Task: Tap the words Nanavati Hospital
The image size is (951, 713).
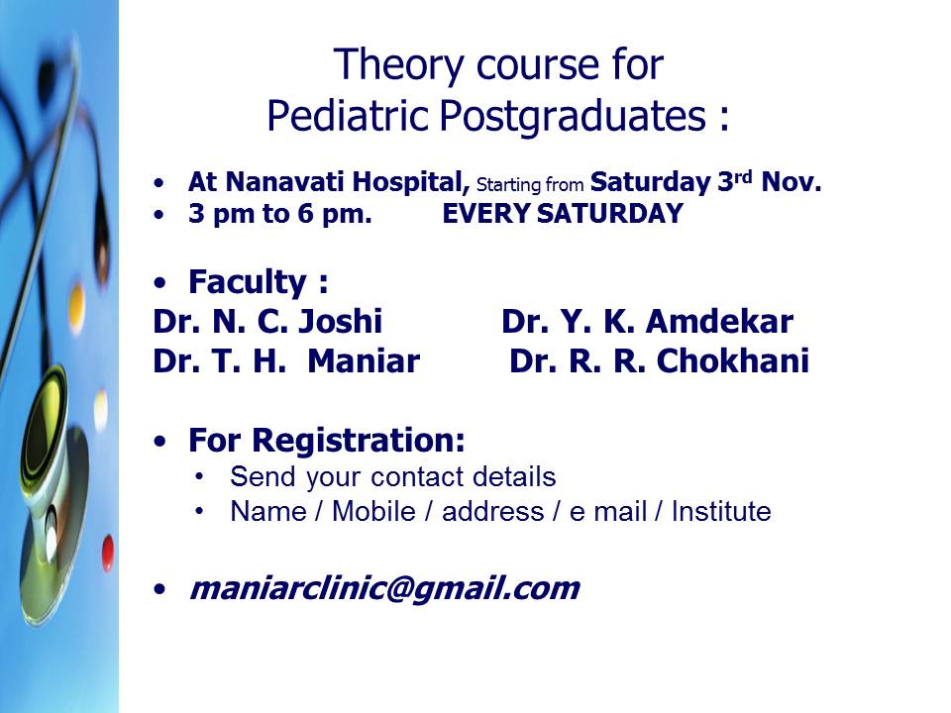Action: point(347,182)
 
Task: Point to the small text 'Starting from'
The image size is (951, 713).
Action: point(529,184)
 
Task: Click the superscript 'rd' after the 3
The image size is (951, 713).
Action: point(743,176)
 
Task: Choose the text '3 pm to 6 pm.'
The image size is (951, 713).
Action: point(279,214)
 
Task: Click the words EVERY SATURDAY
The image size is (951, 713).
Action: point(563,214)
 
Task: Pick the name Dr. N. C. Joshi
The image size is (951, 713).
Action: point(267,321)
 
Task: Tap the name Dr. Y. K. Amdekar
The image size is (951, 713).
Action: point(647,321)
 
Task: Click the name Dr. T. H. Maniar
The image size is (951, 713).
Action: point(286,361)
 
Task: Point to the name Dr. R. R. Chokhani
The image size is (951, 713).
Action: point(660,361)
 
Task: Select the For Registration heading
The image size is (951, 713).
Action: point(326,440)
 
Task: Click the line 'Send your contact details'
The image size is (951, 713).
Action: point(393,477)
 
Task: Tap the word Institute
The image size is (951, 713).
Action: point(722,511)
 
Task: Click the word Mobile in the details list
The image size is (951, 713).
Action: point(373,511)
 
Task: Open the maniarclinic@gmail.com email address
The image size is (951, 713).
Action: point(384,588)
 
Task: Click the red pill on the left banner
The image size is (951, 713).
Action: point(108,552)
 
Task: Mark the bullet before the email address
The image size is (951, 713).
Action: point(159,588)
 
